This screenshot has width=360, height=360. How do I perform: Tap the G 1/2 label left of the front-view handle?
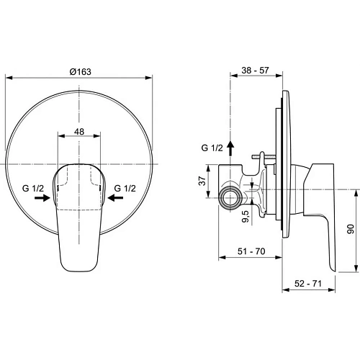coord(35,189)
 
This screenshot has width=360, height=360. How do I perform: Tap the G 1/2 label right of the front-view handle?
coord(126,189)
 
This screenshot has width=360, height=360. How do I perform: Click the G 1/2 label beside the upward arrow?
coord(212,148)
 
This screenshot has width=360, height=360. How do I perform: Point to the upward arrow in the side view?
coord(230,148)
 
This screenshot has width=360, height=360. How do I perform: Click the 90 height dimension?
coord(350,230)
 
